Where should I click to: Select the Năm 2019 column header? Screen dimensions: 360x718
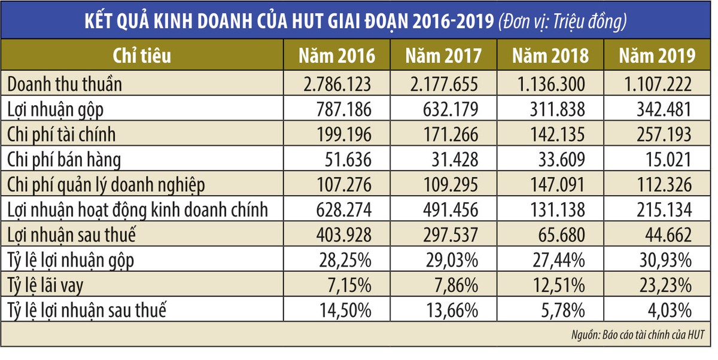[x=657, y=56]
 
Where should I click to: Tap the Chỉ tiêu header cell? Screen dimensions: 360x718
[x=142, y=56]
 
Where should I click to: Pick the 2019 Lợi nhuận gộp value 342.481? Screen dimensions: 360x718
[x=661, y=109]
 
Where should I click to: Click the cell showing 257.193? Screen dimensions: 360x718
[x=661, y=135]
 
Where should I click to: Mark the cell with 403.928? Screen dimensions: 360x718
[x=340, y=236]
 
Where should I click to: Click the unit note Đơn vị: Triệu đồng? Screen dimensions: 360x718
[x=563, y=22]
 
